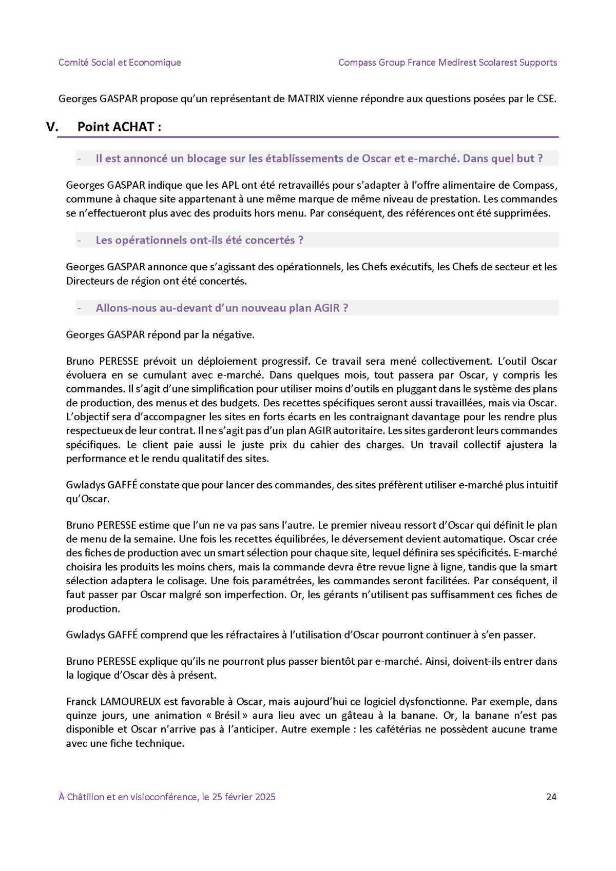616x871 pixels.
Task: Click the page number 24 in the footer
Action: (551, 797)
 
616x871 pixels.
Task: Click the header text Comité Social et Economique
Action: (120, 63)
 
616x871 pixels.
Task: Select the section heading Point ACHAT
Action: (119, 127)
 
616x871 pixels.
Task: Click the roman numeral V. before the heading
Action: (52, 127)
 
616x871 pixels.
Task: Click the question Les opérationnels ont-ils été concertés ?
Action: (199, 240)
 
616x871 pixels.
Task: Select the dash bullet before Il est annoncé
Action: (80, 159)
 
